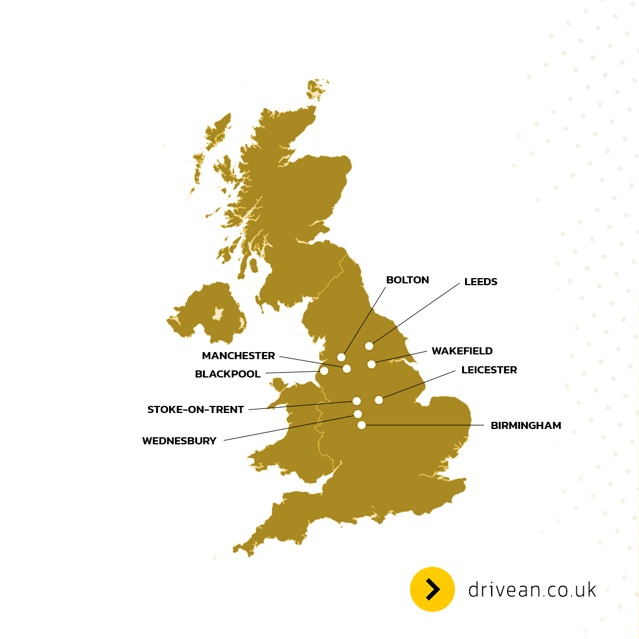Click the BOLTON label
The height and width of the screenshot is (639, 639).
tap(407, 280)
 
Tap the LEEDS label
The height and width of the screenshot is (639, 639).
tap(480, 282)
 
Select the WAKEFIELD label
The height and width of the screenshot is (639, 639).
tap(461, 351)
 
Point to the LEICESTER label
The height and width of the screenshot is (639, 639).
tap(489, 370)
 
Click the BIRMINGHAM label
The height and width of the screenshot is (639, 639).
tap(525, 425)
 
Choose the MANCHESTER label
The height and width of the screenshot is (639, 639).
tap(238, 356)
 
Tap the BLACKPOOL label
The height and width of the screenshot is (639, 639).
tap(227, 375)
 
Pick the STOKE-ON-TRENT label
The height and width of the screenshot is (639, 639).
tap(195, 409)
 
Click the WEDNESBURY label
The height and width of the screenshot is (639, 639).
tap(179, 441)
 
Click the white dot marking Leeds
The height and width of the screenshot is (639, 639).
tap(369, 346)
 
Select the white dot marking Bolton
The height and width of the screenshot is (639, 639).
tap(341, 357)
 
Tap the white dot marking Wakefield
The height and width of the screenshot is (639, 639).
tap(372, 364)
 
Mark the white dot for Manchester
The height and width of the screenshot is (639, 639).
tap(347, 369)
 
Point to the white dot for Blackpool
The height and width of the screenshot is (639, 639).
tap(324, 371)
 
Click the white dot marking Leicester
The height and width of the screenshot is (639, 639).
tap(379, 400)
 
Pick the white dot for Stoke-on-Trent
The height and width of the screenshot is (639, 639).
tap(357, 401)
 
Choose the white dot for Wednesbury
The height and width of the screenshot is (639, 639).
tap(358, 414)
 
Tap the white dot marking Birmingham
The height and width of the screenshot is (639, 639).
tap(362, 425)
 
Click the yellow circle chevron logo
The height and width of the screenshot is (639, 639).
tap(433, 589)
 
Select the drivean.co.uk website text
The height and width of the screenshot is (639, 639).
tap(532, 590)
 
